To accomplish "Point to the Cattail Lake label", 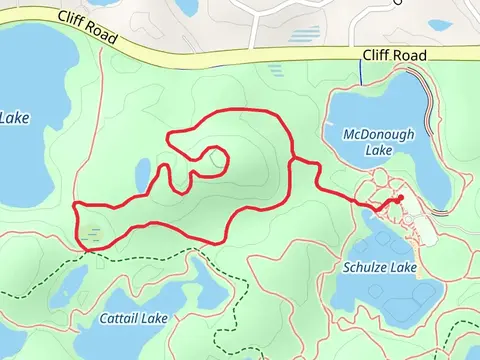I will tap(134, 319).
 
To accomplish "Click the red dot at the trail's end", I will tap(398, 199).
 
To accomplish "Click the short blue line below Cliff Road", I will tap(361, 73).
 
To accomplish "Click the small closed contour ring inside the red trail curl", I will tap(216, 157).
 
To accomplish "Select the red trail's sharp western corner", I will tap(76, 206).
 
